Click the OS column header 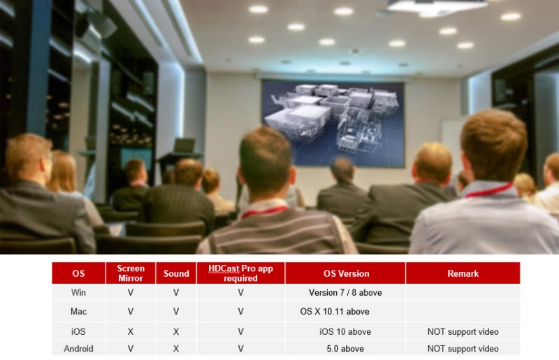[78, 273]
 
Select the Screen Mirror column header [131, 273]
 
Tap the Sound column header [176, 273]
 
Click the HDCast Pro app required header [240, 273]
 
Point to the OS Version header [346, 273]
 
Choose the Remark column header [463, 273]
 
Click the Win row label [78, 292]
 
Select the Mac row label [78, 312]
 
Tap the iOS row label [78, 331]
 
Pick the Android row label [78, 349]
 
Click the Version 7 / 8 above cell [345, 293]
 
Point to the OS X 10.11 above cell [335, 312]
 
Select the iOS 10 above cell [345, 332]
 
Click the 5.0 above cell [345, 349]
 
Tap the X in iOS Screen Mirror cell [131, 332]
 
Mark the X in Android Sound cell [176, 349]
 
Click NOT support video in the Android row [463, 349]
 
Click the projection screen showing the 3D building [333, 124]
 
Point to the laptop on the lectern [184, 145]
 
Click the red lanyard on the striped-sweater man [264, 211]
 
